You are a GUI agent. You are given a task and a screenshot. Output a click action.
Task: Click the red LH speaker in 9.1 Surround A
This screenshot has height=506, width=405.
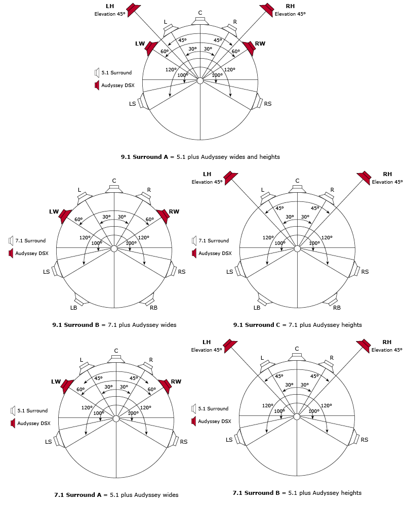(133, 10)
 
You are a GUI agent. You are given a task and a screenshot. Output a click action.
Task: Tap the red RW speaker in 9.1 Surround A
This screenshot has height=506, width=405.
(250, 48)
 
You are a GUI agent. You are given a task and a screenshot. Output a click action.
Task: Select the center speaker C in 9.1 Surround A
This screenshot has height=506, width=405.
(200, 21)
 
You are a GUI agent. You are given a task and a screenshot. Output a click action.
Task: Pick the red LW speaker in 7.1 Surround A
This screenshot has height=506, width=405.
(67, 386)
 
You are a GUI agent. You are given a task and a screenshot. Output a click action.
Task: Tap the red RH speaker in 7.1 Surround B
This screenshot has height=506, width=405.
(363, 346)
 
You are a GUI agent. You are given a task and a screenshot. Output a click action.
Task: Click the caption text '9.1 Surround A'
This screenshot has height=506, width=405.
(144, 157)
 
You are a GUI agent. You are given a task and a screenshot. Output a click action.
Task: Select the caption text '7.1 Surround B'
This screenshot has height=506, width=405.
(256, 493)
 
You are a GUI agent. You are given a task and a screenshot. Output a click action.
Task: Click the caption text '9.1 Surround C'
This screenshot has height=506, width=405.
(257, 325)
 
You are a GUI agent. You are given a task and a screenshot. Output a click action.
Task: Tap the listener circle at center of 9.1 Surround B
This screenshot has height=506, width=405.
(114, 248)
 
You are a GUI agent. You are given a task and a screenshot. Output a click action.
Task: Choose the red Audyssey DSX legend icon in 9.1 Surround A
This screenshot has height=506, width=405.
(97, 85)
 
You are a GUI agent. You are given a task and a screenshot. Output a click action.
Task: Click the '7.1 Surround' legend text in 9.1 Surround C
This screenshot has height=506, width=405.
(214, 241)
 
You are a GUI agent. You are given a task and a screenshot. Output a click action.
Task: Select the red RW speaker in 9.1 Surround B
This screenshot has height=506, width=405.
(163, 216)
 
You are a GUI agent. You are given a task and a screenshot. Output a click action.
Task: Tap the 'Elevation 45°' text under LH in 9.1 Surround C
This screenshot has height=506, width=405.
(207, 182)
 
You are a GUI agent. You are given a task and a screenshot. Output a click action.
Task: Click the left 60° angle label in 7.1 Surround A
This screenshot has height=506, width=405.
(80, 390)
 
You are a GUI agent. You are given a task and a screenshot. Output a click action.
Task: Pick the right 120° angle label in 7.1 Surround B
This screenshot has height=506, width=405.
(326, 406)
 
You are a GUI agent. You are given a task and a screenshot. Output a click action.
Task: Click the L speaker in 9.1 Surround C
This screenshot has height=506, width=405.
(266, 198)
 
